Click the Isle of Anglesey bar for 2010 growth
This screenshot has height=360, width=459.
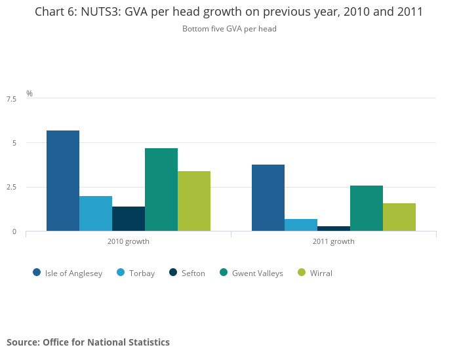(63, 180)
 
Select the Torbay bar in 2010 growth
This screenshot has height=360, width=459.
(96, 213)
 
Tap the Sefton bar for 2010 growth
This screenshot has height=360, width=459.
(129, 218)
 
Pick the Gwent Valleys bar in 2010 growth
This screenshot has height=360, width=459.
(161, 190)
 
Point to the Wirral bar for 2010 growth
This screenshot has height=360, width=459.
(194, 201)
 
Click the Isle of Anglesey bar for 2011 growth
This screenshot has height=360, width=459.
(268, 197)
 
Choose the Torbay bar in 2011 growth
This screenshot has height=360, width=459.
(301, 225)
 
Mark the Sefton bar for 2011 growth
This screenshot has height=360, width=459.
(334, 228)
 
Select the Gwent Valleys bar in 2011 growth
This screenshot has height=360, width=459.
(367, 208)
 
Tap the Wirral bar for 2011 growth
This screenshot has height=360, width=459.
(399, 217)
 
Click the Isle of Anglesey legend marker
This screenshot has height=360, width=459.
(37, 273)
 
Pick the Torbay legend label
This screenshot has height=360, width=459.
(142, 273)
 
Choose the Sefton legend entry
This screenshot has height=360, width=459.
(187, 273)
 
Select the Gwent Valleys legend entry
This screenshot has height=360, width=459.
(251, 273)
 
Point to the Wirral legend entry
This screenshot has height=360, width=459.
(315, 273)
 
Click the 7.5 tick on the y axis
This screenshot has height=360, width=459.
(11, 99)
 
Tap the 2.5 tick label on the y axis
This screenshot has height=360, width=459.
(11, 188)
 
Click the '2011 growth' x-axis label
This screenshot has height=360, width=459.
(333, 241)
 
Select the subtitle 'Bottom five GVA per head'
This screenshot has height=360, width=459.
(229, 29)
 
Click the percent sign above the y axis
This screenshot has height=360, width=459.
(29, 94)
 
